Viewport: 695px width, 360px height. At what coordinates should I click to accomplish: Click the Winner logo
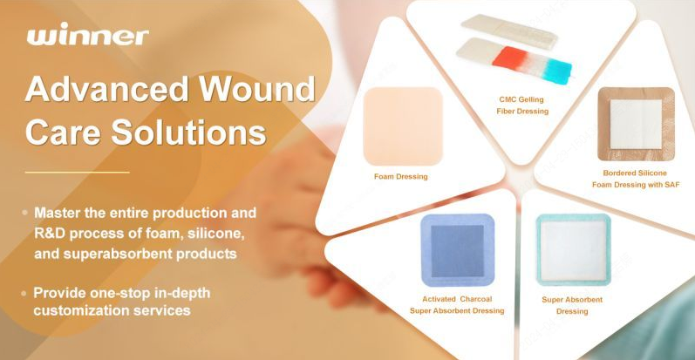[87, 36]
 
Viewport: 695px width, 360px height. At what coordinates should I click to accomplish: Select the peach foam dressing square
[402, 126]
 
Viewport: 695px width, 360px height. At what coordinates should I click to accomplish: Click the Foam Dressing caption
[400, 176]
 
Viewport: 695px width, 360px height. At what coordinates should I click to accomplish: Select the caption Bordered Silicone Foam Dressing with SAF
[635, 178]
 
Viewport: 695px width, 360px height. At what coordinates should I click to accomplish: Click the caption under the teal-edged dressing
[572, 305]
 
